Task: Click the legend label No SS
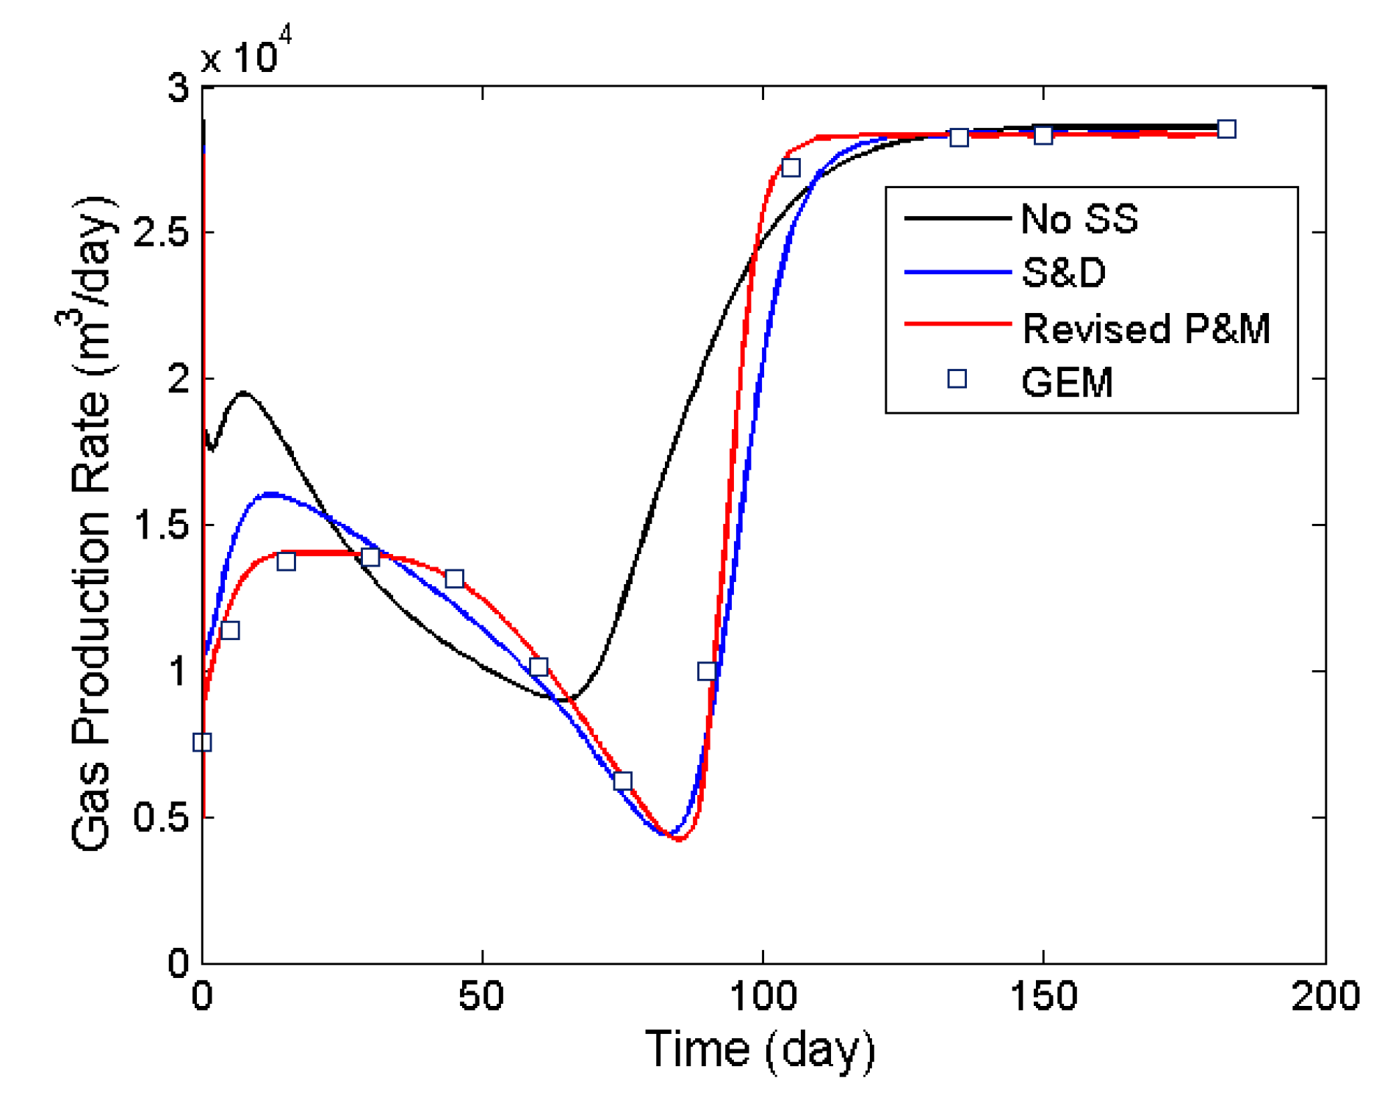coord(1078,218)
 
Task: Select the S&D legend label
coord(1062,273)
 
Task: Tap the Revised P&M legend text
coord(1145,328)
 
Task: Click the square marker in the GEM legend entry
coord(956,378)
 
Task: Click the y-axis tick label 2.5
coord(161,232)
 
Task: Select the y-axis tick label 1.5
coord(161,525)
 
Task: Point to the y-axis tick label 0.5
coord(161,817)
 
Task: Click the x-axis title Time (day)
coord(760,1049)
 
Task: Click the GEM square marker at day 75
coord(622,780)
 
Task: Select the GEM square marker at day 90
coord(707,671)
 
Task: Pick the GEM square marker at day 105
coord(791,168)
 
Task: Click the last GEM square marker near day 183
coord(1226,129)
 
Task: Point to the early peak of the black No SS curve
coord(243,393)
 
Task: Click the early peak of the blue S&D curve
coord(271,494)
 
